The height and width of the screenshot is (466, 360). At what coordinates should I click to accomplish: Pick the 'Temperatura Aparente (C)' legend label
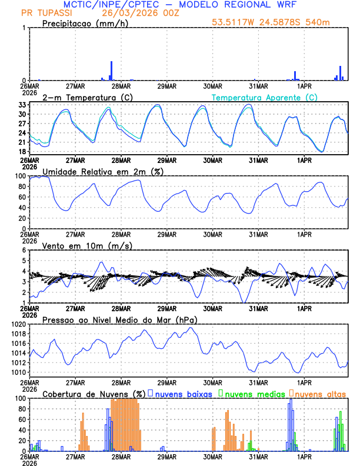[x=265, y=97]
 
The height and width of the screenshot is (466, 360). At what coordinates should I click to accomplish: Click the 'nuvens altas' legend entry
[x=321, y=393]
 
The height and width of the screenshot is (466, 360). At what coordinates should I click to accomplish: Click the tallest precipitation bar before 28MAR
[x=111, y=71]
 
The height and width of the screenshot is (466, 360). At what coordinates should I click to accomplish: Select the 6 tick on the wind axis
[x=24, y=250]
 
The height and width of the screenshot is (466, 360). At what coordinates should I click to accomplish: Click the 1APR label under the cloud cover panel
[x=305, y=456]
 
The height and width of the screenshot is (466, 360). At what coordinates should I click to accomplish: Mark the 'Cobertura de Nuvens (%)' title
[x=94, y=393]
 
